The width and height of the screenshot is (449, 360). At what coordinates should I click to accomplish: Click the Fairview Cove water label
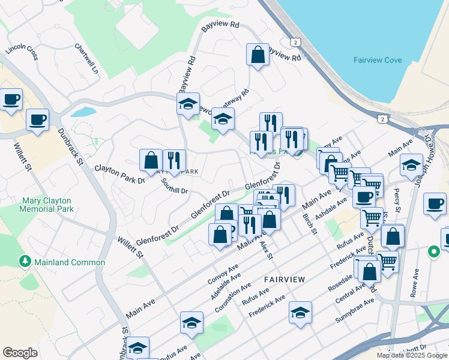[377, 60]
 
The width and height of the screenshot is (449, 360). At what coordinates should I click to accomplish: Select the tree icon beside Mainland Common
[25, 262]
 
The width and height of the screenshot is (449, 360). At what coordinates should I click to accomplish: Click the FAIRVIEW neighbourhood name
[285, 280]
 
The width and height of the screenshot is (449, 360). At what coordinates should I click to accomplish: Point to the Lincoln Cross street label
[22, 52]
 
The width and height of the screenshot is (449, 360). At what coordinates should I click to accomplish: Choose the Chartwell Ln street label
[86, 58]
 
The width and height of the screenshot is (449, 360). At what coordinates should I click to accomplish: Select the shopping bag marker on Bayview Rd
[258, 55]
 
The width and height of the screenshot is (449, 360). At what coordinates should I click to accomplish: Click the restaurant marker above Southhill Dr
[174, 160]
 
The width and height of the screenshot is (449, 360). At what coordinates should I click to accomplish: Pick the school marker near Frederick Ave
[300, 312]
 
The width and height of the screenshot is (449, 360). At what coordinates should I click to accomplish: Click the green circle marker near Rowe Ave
[433, 252]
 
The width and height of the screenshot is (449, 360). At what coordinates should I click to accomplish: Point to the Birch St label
[310, 225]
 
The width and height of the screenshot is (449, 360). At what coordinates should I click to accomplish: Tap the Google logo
[20, 353]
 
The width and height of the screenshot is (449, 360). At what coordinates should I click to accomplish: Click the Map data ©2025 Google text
[411, 355]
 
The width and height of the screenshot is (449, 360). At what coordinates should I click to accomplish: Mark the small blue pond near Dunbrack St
[82, 112]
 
